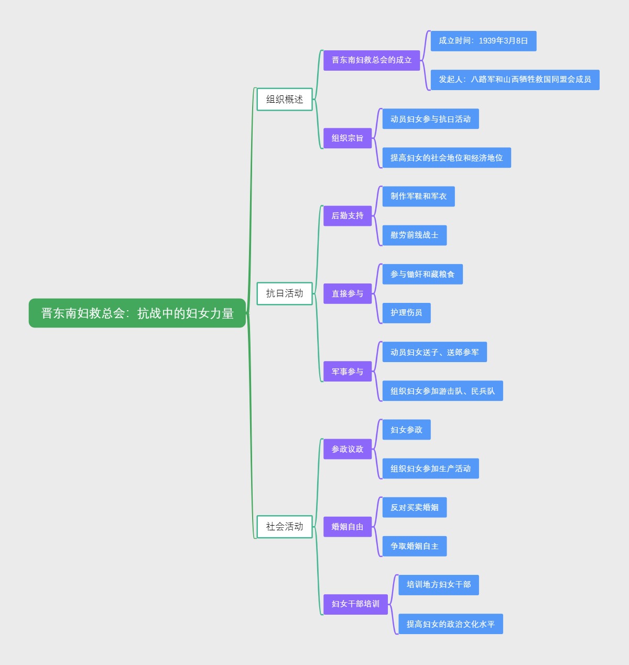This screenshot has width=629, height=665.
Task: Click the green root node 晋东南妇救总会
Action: coord(137,313)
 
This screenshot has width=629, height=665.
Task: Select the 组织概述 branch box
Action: coord(285,99)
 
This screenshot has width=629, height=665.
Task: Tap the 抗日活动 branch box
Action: coord(285,293)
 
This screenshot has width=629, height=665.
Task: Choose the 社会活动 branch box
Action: coord(285,527)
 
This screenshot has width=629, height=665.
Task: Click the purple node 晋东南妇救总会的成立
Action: coord(372,60)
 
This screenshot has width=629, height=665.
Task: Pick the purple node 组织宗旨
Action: coord(348,138)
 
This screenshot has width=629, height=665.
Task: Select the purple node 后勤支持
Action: coord(348,216)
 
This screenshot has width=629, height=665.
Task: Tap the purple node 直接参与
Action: coord(348,293)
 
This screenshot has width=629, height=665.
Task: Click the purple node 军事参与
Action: coord(348,372)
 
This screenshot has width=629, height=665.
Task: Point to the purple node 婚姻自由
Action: coord(348,527)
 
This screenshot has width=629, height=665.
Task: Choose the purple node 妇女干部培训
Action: coord(355,604)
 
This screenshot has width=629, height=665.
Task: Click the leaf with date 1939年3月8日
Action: coord(483,41)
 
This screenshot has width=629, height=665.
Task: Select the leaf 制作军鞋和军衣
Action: coord(418,197)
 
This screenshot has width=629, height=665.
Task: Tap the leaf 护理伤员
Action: coord(406,313)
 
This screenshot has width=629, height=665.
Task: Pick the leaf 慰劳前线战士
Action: coord(414,235)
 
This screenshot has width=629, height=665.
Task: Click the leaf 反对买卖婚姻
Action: coord(414,507)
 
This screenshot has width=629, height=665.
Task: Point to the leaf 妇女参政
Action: coord(406,430)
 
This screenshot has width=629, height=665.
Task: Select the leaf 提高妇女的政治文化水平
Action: coord(450,624)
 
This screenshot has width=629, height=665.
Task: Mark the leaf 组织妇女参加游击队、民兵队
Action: coord(442,391)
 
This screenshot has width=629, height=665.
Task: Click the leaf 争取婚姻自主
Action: coord(414,546)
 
